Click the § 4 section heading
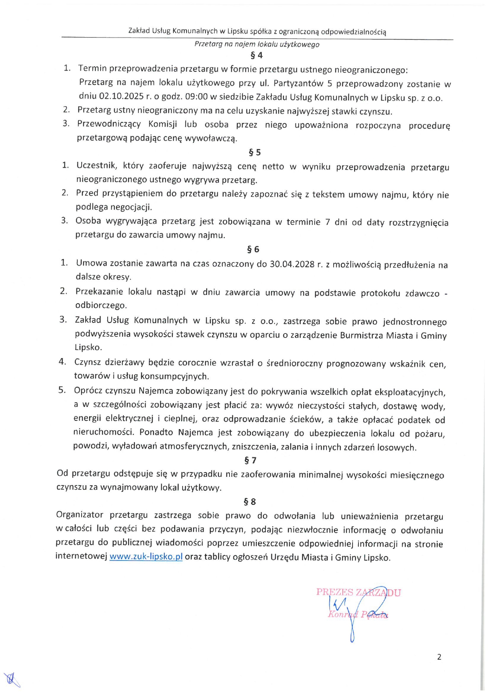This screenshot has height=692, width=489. coord(256,55)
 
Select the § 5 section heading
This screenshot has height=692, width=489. coord(255,152)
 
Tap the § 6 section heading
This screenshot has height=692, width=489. coord(253,249)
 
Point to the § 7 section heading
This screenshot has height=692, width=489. coord(250,460)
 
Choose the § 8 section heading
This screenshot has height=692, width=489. coord(250,502)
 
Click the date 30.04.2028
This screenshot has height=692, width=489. coord(292,264)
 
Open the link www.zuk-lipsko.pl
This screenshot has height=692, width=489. coord(146,557)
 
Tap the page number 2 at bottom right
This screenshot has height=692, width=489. coord(439,657)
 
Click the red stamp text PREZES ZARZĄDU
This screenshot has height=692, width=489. coord(358,593)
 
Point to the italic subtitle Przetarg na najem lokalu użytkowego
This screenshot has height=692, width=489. coord(257,44)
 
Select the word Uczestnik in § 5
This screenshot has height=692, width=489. coord(97,166)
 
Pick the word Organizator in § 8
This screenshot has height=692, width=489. coord(80,515)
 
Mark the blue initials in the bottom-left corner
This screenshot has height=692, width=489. coord(11,679)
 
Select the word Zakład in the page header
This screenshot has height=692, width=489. coord(139,31)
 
